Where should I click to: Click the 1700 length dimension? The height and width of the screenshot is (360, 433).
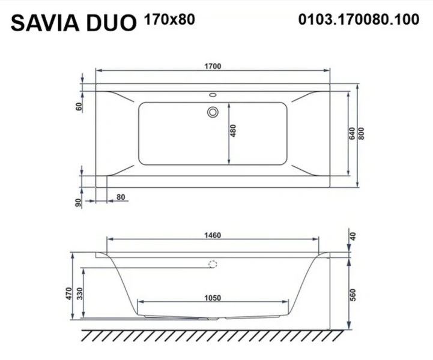213,67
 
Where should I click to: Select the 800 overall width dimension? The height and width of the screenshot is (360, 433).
361,134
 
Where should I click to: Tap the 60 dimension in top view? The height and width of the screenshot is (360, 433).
79,107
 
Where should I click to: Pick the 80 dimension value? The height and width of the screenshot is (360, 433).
121,196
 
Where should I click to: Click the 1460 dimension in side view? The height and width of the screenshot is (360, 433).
213,235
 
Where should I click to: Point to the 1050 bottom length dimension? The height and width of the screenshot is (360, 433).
213,297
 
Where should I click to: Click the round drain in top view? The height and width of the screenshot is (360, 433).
213,112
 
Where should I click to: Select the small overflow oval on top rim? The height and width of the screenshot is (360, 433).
213,95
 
